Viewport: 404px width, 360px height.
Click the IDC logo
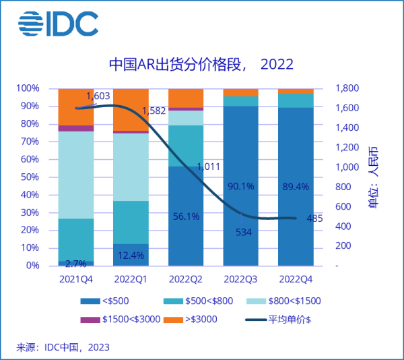[x=58, y=25]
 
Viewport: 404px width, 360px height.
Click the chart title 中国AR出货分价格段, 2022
[x=202, y=65]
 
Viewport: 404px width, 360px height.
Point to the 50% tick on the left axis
[x=30, y=177]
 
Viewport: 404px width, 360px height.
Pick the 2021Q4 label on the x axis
[x=76, y=278]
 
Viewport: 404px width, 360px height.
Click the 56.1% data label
[x=186, y=216]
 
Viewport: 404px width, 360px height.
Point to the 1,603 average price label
[x=98, y=96]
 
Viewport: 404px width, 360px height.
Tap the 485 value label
[x=314, y=218]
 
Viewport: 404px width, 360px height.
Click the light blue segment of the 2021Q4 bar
[x=76, y=175]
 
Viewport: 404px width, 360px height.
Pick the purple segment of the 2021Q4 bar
[x=76, y=128]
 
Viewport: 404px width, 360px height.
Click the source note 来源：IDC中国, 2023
[x=63, y=347]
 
